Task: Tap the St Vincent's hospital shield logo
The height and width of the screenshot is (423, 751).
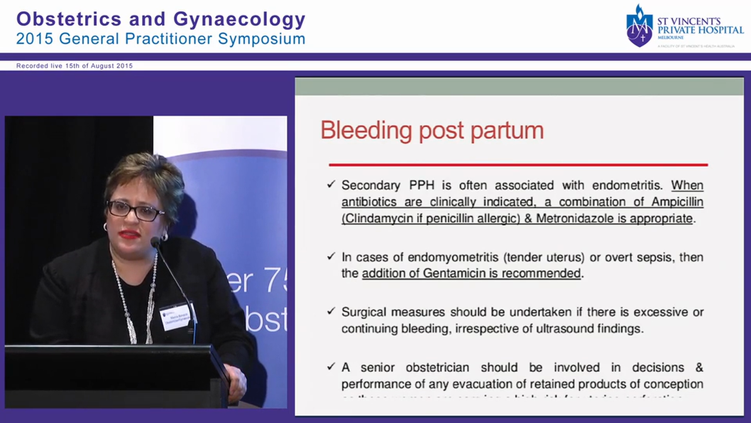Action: point(639,26)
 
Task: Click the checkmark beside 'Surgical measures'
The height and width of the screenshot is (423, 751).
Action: point(331,311)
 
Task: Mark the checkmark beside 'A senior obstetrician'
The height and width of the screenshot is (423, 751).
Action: point(331,367)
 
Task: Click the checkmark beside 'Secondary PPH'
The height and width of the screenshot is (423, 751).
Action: point(331,184)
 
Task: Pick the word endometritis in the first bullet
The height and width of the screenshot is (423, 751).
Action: point(620,185)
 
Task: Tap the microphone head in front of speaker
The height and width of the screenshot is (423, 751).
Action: point(155,241)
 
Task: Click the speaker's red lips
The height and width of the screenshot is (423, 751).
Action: point(130,234)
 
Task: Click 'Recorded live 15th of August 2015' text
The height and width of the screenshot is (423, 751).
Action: point(75,66)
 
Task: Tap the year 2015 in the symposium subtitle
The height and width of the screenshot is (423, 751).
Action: point(36,39)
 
